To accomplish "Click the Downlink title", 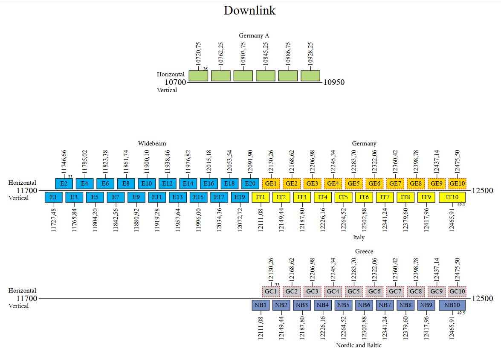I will coord(250,11).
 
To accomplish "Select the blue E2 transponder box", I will coord(64,183).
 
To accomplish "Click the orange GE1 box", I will coord(271,183).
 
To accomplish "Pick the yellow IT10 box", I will coord(452,197).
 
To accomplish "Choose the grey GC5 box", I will coord(353,291).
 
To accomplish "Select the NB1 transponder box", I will coord(261,305).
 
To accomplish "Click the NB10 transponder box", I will coord(452,305).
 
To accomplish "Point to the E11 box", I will coord(157,197).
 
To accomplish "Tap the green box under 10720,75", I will coord(198,76).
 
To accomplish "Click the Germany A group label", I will coord(254,35).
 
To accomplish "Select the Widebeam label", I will coord(152,143).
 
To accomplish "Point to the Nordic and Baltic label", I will coord(359,345).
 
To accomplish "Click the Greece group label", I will coord(364,251).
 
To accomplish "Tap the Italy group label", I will coord(359,237).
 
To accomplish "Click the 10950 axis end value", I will coord(334,82).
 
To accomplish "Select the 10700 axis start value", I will coord(176,82).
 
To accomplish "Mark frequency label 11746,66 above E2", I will coord(64,162).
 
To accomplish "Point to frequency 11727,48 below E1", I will coord(53,220).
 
